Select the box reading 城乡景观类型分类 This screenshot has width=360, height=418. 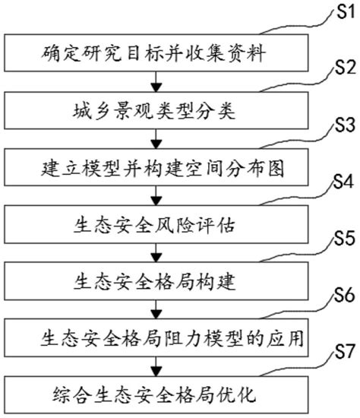[156, 111]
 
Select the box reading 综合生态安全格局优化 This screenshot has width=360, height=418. [156, 394]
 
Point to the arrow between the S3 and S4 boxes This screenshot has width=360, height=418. [156, 195]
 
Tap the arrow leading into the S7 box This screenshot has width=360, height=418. [156, 366]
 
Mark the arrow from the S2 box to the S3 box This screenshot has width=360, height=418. [156, 139]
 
